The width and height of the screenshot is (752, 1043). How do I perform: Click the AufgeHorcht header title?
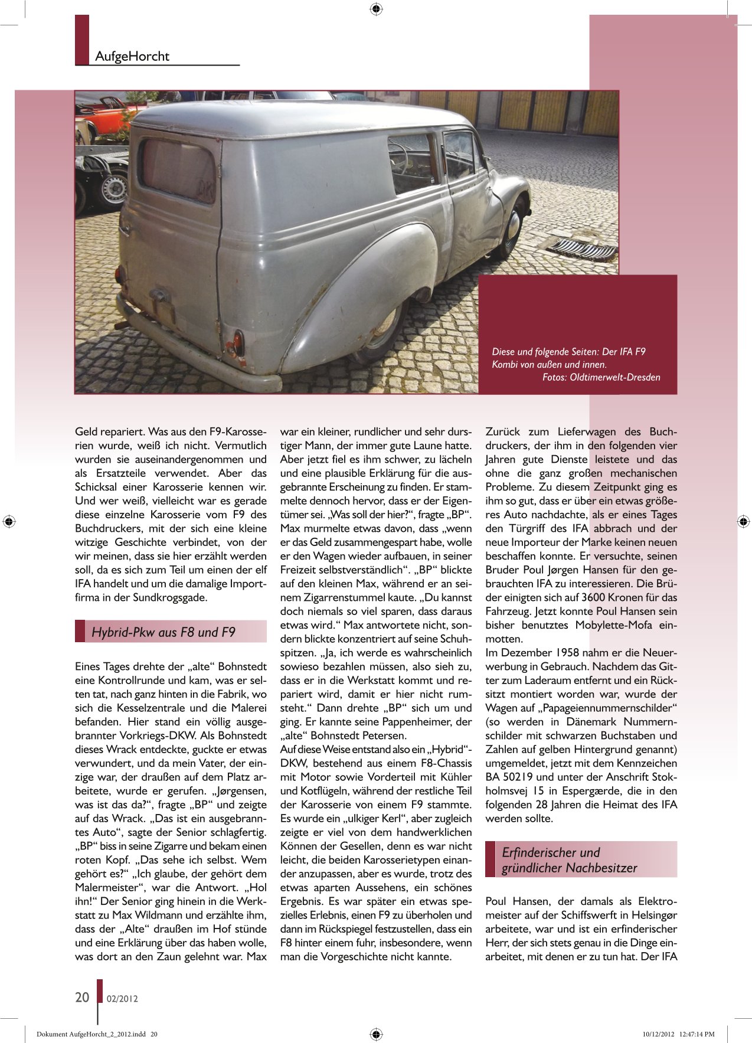pos(132,57)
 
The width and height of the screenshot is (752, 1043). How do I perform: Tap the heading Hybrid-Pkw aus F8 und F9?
pos(164,633)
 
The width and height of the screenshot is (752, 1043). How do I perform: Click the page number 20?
pos(82,998)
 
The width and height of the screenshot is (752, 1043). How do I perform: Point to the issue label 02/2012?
pos(122,999)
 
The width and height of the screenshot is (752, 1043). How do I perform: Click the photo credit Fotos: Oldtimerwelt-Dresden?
pos(601,377)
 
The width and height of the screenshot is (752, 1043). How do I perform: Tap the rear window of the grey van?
pos(176,169)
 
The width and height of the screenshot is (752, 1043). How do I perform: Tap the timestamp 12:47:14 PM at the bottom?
pos(696,1034)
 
